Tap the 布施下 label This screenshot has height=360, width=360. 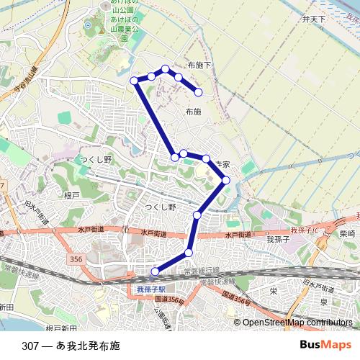point(199,65)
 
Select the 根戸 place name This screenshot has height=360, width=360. point(71,195)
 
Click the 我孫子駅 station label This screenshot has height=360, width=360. point(151,288)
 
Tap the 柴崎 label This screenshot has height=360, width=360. point(347,234)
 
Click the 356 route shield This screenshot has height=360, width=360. point(77,258)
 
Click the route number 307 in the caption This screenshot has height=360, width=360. point(31,345)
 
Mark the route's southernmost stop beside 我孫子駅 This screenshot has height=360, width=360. point(155,271)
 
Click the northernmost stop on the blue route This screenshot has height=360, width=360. point(166,68)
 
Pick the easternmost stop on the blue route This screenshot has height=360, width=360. point(225,180)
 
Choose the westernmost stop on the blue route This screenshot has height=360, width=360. point(134,80)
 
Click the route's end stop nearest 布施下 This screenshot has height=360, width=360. point(199,92)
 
